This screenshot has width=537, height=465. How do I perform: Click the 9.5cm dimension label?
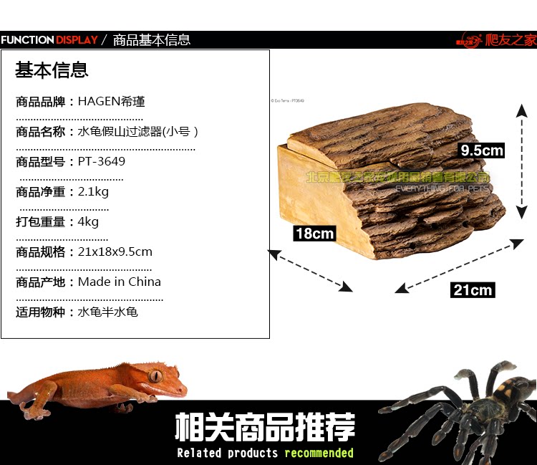(482, 150)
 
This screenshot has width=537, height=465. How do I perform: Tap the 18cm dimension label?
(314, 234)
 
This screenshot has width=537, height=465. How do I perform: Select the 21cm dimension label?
(473, 289)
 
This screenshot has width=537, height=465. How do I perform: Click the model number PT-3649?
(102, 162)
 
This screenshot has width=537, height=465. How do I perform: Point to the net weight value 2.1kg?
(93, 192)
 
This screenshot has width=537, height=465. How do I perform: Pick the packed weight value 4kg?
(88, 222)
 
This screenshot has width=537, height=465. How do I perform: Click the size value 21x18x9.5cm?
(115, 252)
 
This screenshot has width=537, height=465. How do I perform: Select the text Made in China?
(119, 282)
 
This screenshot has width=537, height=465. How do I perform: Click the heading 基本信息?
(52, 70)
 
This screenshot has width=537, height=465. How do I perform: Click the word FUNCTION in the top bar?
(27, 40)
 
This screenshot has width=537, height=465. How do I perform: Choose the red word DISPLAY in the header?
(77, 40)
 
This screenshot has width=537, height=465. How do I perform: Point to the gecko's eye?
(155, 375)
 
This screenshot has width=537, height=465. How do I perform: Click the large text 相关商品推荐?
(265, 428)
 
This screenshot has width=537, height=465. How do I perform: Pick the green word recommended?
(319, 453)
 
